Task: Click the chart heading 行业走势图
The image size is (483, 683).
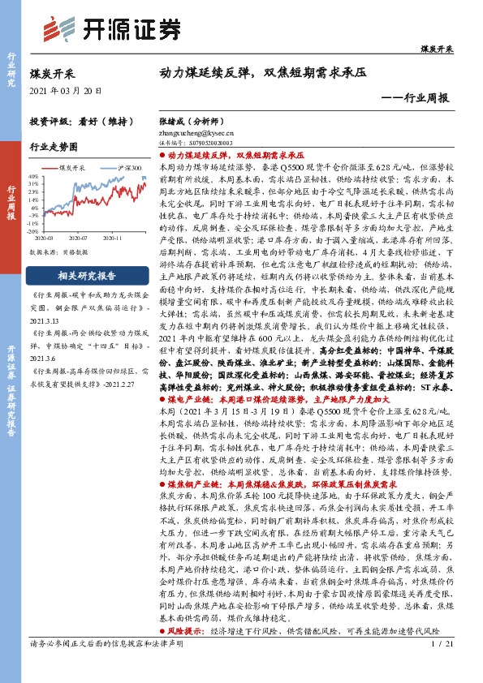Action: (54, 147)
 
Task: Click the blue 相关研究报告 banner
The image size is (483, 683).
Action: (88, 251)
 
